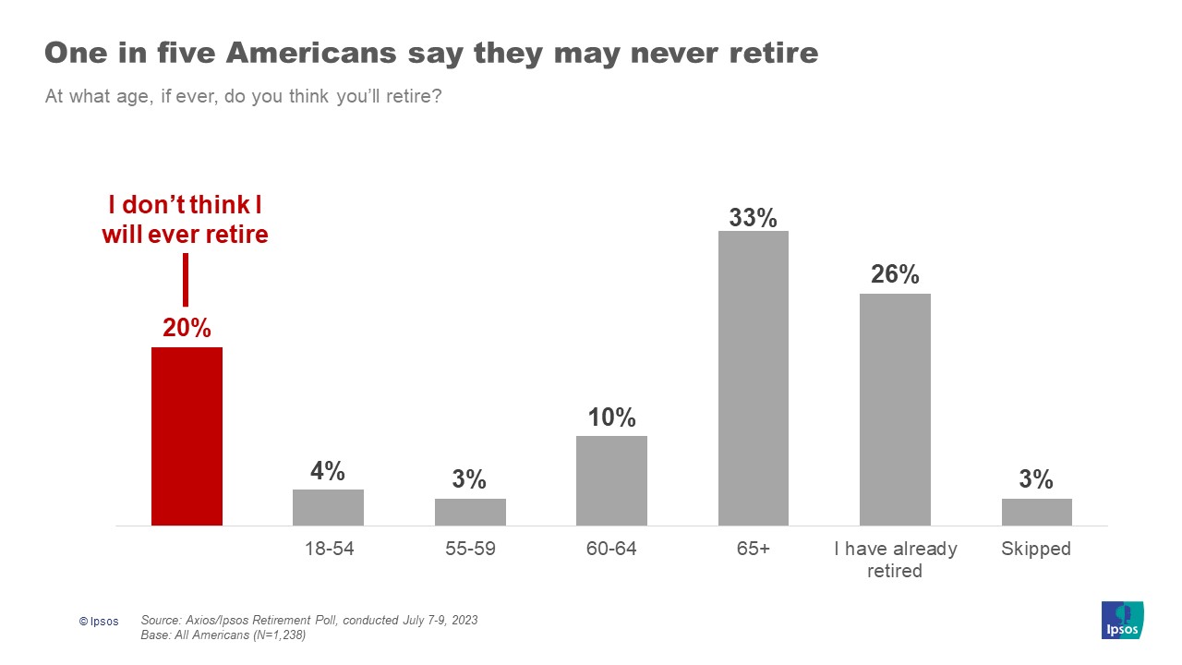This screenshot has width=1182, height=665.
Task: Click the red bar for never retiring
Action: (x=187, y=436)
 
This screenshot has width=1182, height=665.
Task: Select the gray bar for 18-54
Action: (x=328, y=507)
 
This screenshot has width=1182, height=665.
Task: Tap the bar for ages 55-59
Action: (x=470, y=512)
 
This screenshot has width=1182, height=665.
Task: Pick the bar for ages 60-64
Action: (x=611, y=480)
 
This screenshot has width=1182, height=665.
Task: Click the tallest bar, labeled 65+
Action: (x=754, y=378)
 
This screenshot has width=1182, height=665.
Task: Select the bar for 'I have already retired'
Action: (x=895, y=409)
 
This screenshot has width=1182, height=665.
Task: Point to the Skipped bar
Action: (x=1036, y=512)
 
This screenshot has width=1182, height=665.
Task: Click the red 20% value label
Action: (x=187, y=328)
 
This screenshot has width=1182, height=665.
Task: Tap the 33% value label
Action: (x=754, y=218)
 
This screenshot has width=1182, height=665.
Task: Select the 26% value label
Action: (x=895, y=274)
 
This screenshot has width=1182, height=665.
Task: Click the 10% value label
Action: (x=611, y=417)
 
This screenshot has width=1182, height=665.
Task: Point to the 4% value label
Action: (x=328, y=471)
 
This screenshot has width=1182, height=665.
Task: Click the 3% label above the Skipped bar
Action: (x=1036, y=479)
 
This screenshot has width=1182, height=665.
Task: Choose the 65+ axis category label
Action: (x=754, y=549)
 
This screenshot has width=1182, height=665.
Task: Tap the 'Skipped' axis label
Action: (x=1036, y=549)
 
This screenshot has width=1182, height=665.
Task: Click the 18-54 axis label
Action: (x=329, y=549)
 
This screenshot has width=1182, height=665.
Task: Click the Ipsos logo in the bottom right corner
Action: (x=1122, y=620)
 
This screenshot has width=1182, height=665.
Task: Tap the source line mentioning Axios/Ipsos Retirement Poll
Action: (x=309, y=620)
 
